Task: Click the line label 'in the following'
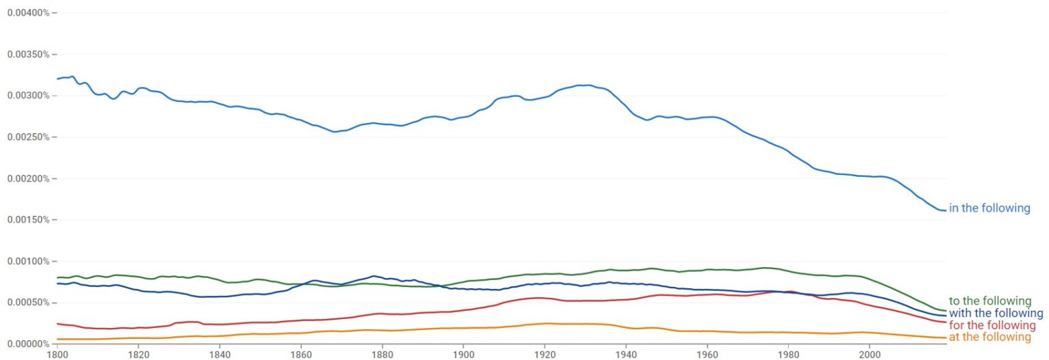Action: tap(989, 208)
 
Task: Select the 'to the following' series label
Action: tap(990, 301)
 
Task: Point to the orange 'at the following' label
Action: tap(990, 337)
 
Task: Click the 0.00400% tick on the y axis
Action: tap(27, 12)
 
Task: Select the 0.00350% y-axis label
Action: tap(27, 54)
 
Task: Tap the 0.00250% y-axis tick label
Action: tap(27, 137)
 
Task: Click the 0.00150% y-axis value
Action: tap(27, 220)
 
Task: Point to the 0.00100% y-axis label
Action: tap(27, 261)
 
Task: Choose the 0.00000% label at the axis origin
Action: tap(27, 344)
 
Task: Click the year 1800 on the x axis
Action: tap(57, 355)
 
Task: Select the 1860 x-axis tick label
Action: tap(301, 355)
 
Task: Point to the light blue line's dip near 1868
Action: tap(335, 132)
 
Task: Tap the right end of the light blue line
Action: tap(946, 210)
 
